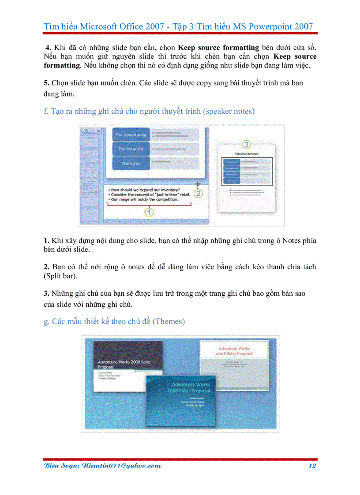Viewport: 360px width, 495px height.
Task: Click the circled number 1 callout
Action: point(149,212)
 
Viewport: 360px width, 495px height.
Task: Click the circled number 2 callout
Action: point(199,193)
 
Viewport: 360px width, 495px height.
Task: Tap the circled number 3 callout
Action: point(247,145)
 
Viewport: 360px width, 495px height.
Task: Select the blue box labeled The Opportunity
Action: point(131,135)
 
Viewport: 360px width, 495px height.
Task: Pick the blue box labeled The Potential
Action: point(131,149)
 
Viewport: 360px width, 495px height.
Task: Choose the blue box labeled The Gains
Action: point(131,163)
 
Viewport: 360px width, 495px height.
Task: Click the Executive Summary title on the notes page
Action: point(247,154)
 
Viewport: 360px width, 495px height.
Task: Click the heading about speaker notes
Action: point(149,111)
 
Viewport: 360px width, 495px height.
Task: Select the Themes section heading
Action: point(114,321)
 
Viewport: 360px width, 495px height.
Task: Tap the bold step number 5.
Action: point(46,83)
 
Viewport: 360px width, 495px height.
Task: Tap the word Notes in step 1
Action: point(291,241)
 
